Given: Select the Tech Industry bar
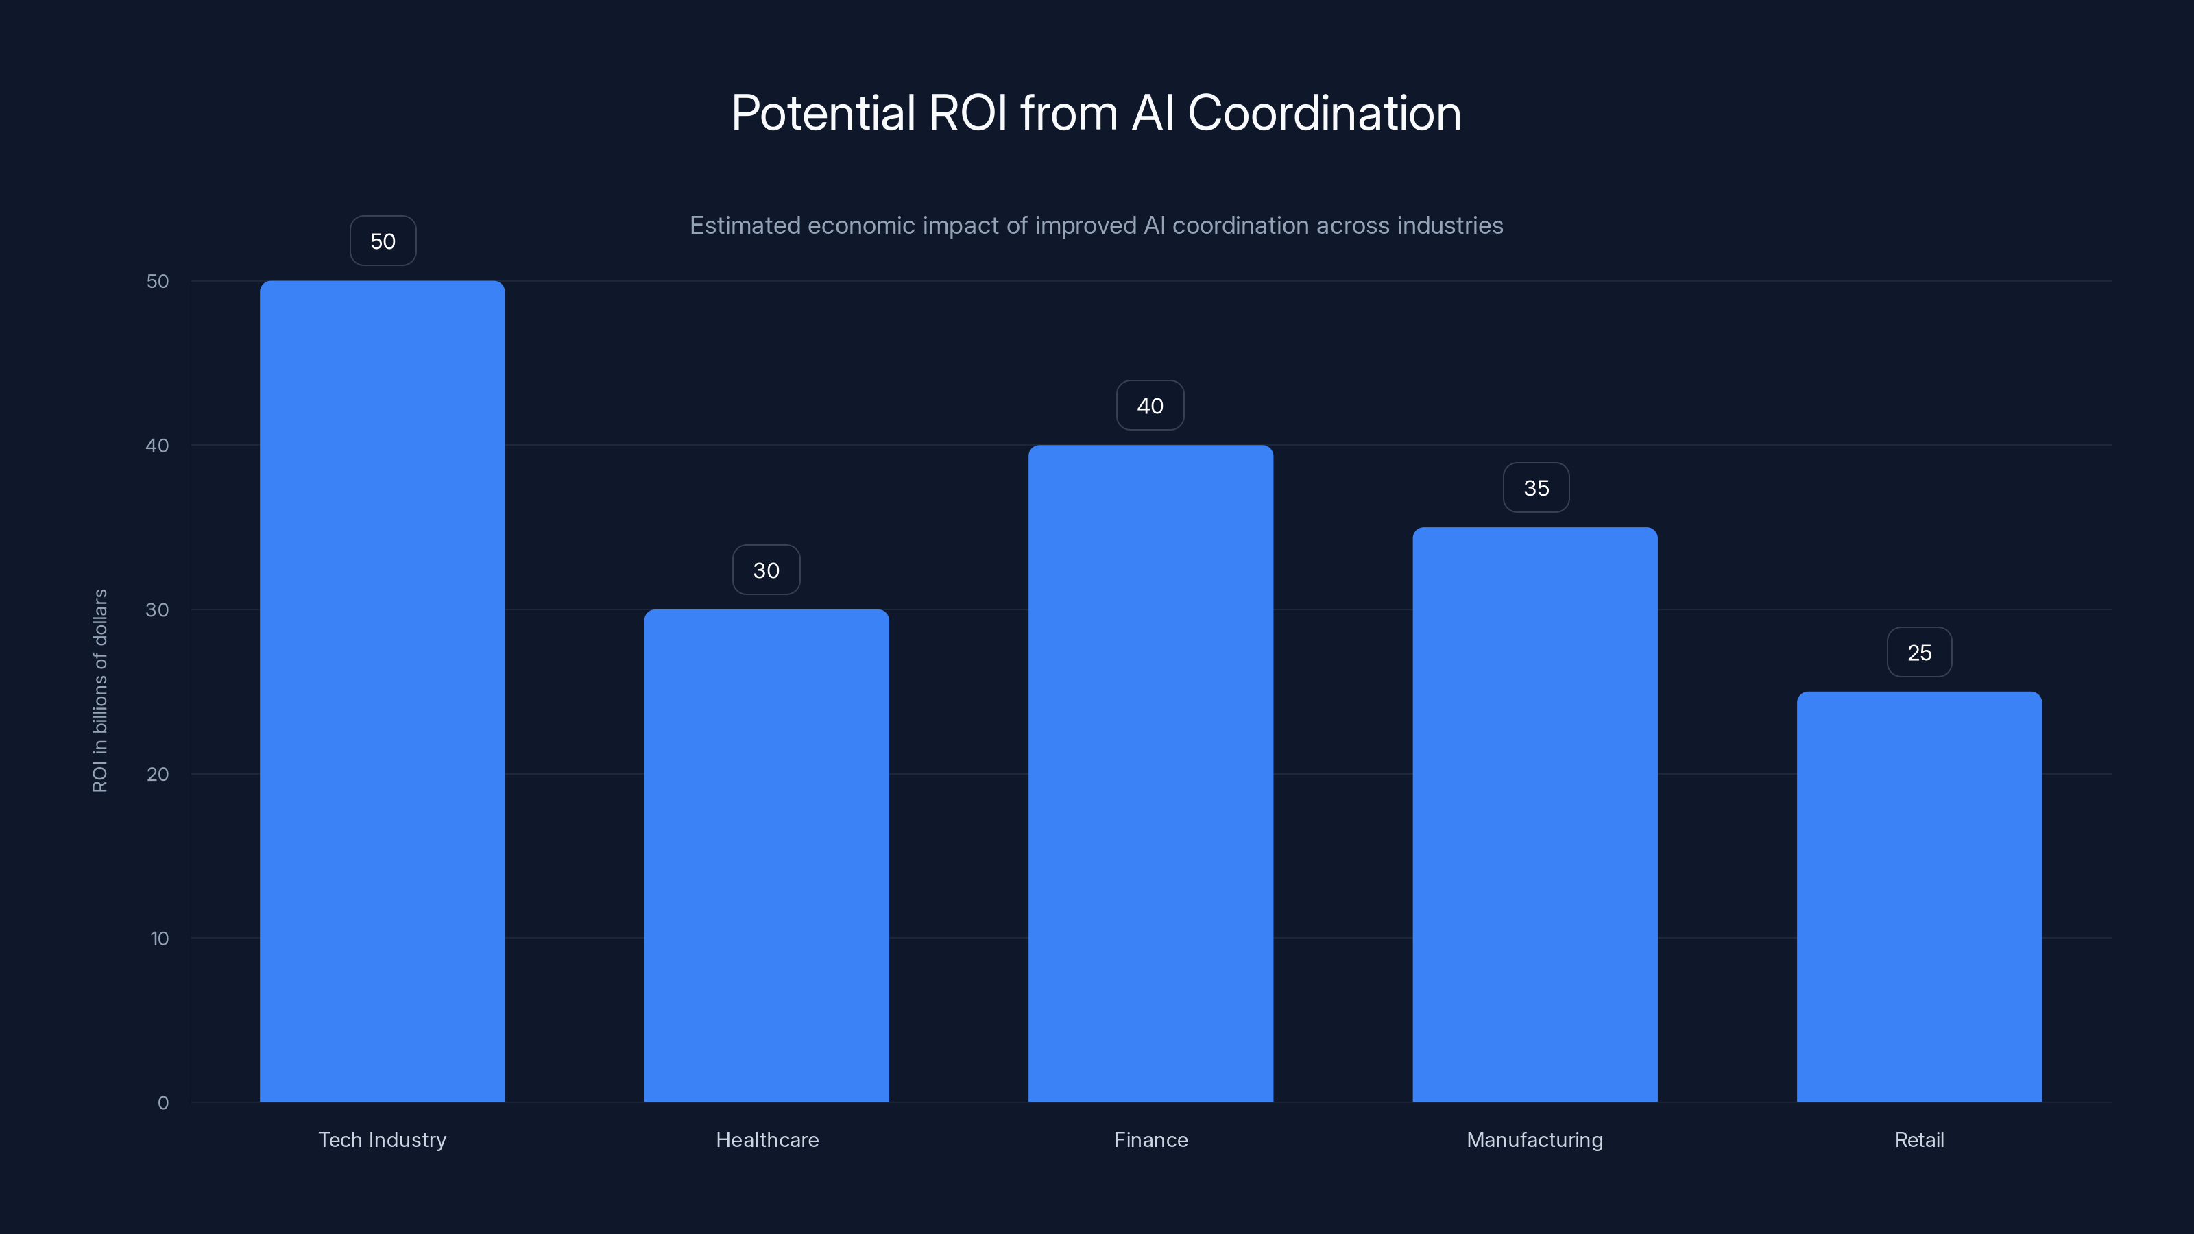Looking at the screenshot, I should click(382, 690).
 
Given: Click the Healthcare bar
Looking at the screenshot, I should click(766, 855).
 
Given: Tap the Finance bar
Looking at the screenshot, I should click(1150, 773).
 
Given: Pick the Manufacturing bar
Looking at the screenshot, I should click(1535, 814).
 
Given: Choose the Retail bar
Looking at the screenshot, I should click(1919, 896).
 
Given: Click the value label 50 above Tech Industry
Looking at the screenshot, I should click(383, 241).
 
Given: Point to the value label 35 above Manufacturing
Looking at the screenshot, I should click(1536, 488).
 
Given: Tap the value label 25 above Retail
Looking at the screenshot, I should click(1919, 653).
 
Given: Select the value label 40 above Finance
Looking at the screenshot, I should click(1150, 405).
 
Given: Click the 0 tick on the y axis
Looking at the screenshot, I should click(162, 1103).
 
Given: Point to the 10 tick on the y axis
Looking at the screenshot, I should click(159, 939).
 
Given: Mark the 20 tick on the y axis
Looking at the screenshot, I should click(158, 774).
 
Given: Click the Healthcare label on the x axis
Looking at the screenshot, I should click(767, 1139).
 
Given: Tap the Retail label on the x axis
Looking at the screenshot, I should click(1919, 1139).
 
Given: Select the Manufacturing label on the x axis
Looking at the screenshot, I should click(1534, 1139).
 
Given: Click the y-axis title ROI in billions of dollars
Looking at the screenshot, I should click(99, 690).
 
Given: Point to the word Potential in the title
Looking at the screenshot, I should click(823, 113).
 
